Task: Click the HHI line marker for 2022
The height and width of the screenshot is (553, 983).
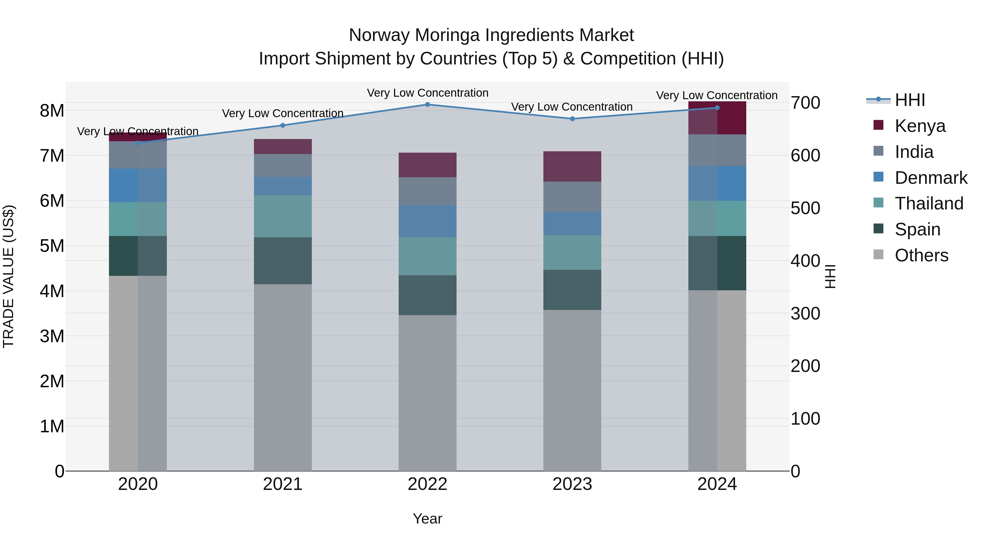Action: (427, 105)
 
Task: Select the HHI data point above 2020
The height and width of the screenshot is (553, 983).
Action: (138, 143)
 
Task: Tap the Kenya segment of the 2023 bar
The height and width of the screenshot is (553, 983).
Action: (572, 166)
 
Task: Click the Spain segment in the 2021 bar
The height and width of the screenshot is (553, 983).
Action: (283, 261)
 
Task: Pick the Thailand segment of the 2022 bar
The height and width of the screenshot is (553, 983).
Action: (427, 256)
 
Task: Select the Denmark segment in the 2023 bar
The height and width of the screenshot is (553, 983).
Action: (572, 224)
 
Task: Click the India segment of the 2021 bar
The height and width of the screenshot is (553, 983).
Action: (283, 165)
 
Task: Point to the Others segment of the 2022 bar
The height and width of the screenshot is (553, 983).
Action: (427, 393)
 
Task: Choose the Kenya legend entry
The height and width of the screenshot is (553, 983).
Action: (920, 126)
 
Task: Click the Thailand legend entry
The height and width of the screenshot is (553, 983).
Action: (929, 203)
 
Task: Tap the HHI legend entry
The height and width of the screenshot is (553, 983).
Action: (910, 100)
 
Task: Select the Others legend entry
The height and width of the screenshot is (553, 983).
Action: (921, 255)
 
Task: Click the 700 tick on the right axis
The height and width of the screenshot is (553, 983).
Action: (805, 103)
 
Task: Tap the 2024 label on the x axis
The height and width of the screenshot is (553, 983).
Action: (717, 484)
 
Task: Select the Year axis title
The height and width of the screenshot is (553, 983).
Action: (427, 519)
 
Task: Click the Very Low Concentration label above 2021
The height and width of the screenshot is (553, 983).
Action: (283, 113)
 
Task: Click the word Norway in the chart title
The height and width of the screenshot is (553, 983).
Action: (379, 35)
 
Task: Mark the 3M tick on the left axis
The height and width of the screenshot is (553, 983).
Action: (52, 336)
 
